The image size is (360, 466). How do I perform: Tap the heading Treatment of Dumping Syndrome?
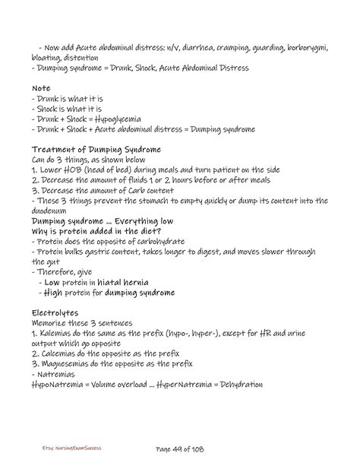[96, 151]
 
